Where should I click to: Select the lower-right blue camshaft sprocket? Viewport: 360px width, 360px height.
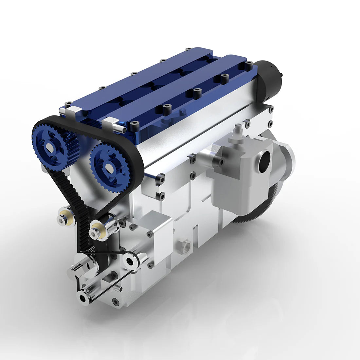click(x=108, y=167)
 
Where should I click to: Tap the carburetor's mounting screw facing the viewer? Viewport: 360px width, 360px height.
click(x=222, y=162)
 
